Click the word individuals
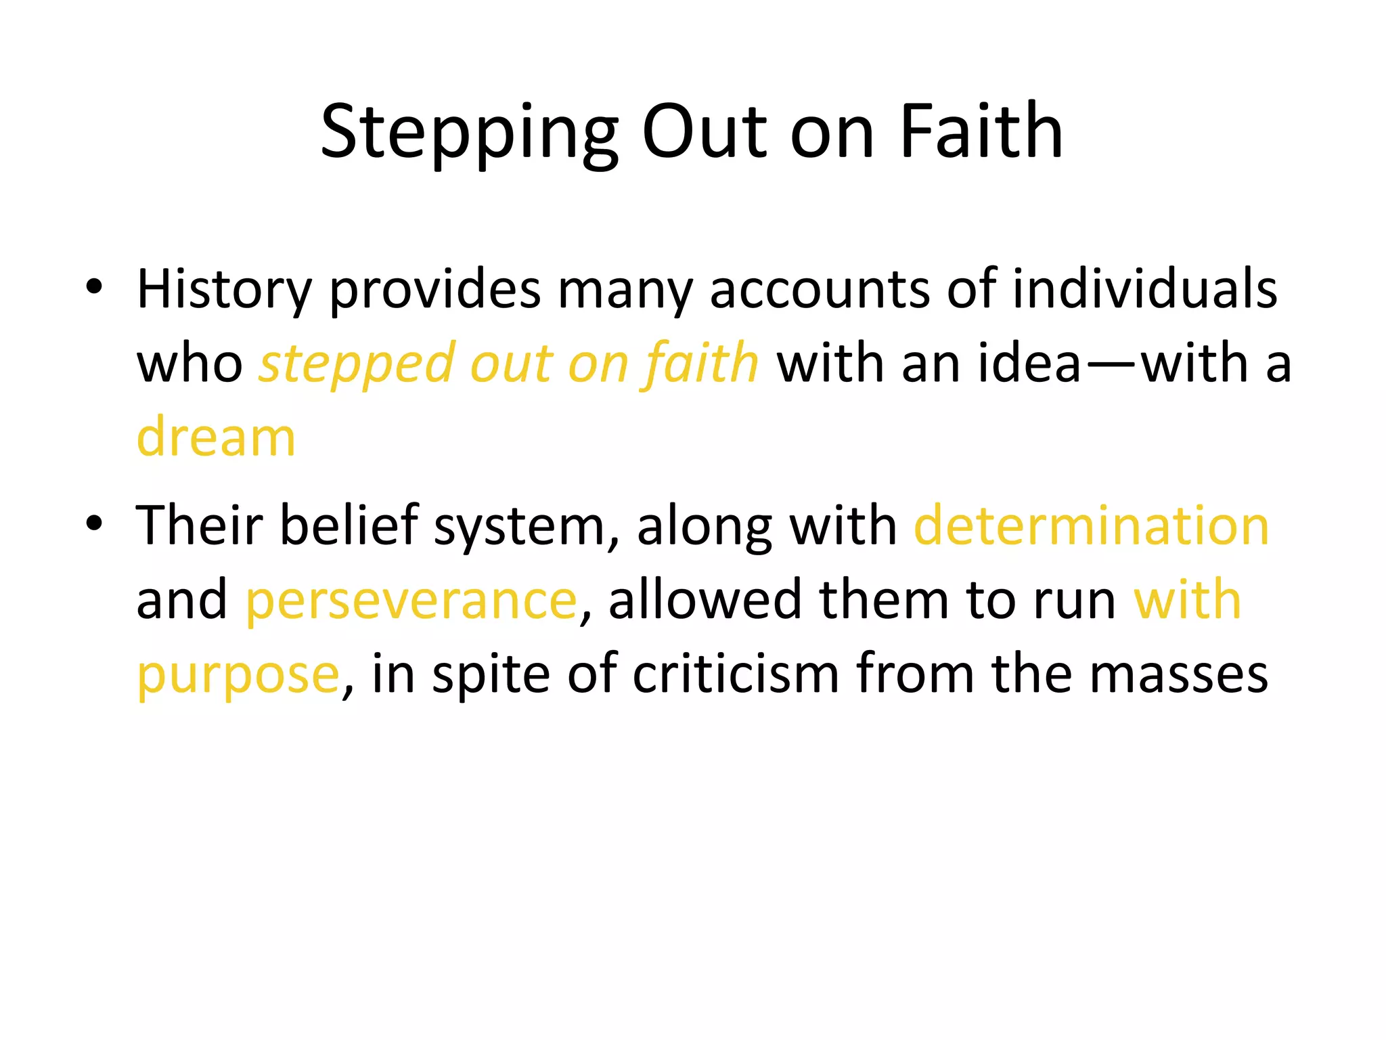[x=1144, y=289]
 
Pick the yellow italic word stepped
[x=356, y=364]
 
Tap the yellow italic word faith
[x=701, y=363]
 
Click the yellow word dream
[x=216, y=437]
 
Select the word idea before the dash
[x=1029, y=364]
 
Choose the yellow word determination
[x=1091, y=526]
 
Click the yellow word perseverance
[x=411, y=601]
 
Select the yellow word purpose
[x=238, y=675]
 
